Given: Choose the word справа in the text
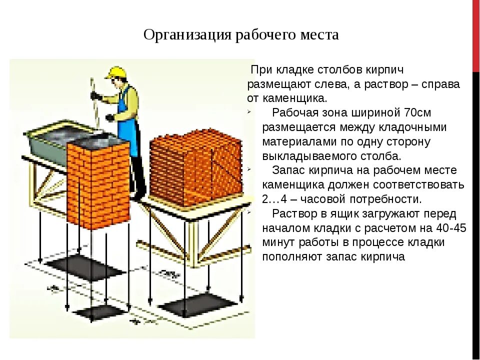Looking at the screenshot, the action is tap(440, 83).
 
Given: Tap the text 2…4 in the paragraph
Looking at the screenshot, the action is tap(274, 199).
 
